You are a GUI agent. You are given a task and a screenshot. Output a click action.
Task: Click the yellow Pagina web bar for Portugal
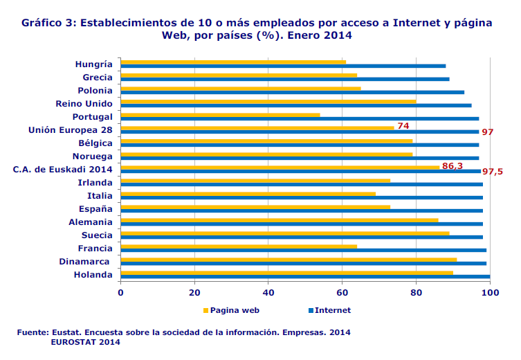pyautogui.click(x=220, y=115)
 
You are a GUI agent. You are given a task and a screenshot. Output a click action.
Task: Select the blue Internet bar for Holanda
pyautogui.click(x=305, y=277)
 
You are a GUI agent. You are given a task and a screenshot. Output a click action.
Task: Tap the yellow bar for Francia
pyautogui.click(x=239, y=246)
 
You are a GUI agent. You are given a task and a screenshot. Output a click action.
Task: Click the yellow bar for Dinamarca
pyautogui.click(x=289, y=259)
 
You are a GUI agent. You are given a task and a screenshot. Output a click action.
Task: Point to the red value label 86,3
pyautogui.click(x=453, y=166)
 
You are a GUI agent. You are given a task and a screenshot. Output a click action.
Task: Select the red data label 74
pyautogui.click(x=403, y=126)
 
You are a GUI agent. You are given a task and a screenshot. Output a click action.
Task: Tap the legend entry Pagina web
pyautogui.click(x=232, y=310)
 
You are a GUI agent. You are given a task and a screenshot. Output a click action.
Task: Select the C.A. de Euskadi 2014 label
pyautogui.click(x=62, y=170)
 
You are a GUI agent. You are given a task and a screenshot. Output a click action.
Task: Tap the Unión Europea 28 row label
pyautogui.click(x=70, y=130)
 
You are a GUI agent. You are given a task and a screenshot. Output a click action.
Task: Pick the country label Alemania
pyautogui.click(x=90, y=222)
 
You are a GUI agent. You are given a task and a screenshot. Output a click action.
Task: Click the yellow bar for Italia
pyautogui.click(x=248, y=194)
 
